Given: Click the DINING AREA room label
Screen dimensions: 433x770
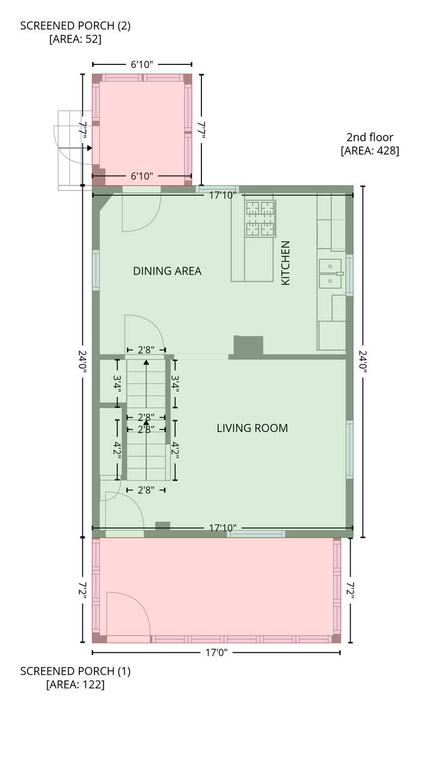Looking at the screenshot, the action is (167, 271).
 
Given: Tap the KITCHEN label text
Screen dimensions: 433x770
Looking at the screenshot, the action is (286, 263).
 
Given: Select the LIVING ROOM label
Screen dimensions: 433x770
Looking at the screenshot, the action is (252, 428).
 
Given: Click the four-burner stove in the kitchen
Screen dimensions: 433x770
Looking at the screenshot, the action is (260, 218).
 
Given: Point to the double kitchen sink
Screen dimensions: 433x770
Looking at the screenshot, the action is (330, 274).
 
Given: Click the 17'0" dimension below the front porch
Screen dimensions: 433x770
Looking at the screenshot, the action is (216, 653).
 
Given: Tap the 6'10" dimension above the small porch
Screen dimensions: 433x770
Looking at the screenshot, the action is (141, 64).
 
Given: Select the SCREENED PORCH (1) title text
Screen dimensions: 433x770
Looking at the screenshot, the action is (75, 671).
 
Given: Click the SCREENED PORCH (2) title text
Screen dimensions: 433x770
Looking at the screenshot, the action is (75, 26).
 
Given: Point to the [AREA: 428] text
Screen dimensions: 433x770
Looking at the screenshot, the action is (370, 150).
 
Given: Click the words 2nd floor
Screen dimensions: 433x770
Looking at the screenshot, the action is (370, 137).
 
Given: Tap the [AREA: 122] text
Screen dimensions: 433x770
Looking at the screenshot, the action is (75, 685).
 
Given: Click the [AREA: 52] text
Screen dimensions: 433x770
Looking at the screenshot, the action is (75, 39).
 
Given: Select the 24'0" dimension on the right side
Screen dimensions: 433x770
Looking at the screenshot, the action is (363, 362).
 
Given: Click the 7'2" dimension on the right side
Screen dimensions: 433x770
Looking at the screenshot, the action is (350, 590).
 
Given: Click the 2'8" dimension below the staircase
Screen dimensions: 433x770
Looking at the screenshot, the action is (146, 490).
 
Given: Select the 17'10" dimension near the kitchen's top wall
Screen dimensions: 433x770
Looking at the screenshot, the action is (223, 196).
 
